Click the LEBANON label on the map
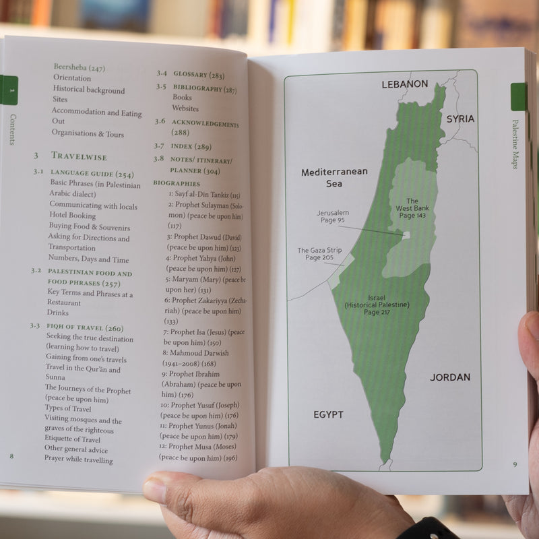coord(405,84)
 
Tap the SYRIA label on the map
coord(460,119)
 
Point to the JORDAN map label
coord(450,377)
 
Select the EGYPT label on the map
coord(328,414)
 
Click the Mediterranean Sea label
coord(334,177)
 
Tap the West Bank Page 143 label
coord(412,208)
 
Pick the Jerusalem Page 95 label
coord(333,216)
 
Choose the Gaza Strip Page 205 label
coord(319,254)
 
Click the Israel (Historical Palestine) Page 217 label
coord(377,305)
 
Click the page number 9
coord(514,464)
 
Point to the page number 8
coord(11,456)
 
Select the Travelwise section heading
coord(79,156)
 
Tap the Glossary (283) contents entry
coord(199,75)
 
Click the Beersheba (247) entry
coord(79,68)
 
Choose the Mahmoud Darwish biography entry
coord(195,352)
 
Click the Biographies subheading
coord(177,183)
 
